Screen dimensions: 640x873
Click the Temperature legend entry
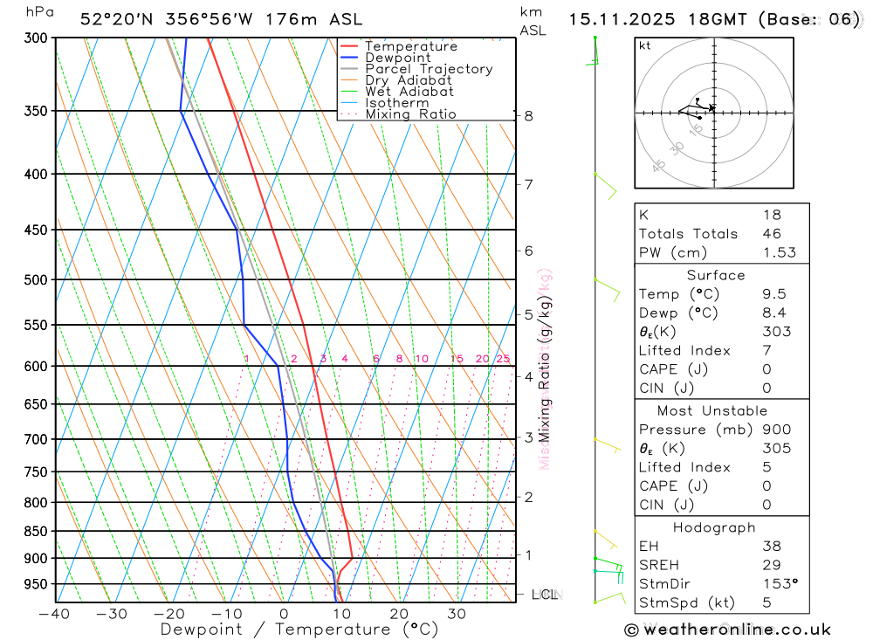point(410,46)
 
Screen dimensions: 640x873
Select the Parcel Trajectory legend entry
point(428,69)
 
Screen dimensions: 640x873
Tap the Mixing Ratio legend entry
point(410,114)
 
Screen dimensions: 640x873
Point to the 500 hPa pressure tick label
point(36,280)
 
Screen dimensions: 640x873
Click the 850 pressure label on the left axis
point(36,532)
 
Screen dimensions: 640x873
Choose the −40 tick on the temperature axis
point(54,614)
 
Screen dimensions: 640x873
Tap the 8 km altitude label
point(528,116)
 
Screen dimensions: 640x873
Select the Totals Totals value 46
point(772,234)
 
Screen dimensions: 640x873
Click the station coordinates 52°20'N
point(114,18)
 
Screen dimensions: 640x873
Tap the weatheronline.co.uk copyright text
point(727,630)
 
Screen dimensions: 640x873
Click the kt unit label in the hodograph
point(644,46)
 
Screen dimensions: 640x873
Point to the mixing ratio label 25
point(503,359)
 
